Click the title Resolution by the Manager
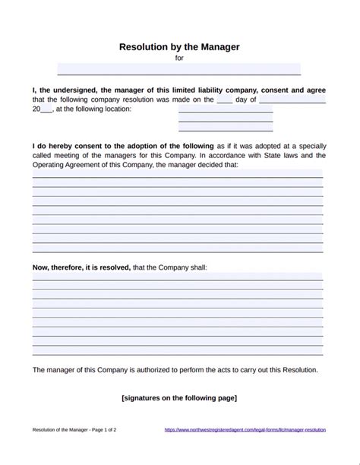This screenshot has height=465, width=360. point(179,46)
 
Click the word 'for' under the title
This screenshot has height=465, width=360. point(179,58)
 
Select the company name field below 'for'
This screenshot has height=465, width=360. point(179,69)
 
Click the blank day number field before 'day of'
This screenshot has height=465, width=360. point(224,99)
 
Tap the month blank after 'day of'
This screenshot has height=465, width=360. point(292,99)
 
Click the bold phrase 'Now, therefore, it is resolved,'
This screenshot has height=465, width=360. point(81,267)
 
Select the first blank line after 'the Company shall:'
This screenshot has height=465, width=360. point(177,277)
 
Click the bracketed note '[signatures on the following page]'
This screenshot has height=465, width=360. point(179,397)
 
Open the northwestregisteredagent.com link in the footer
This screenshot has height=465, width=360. point(245,429)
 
